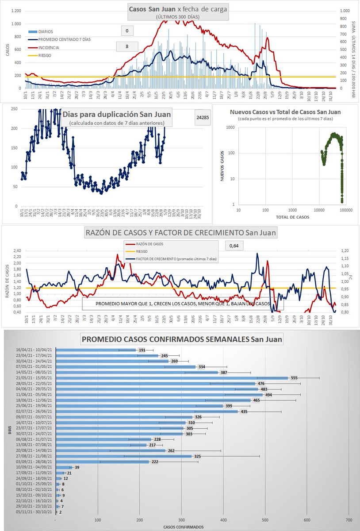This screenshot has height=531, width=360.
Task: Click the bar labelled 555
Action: coord(172,378)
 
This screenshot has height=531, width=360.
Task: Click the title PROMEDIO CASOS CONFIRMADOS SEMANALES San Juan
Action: coord(181,340)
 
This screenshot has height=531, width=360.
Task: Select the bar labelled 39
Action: coord(64,467)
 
